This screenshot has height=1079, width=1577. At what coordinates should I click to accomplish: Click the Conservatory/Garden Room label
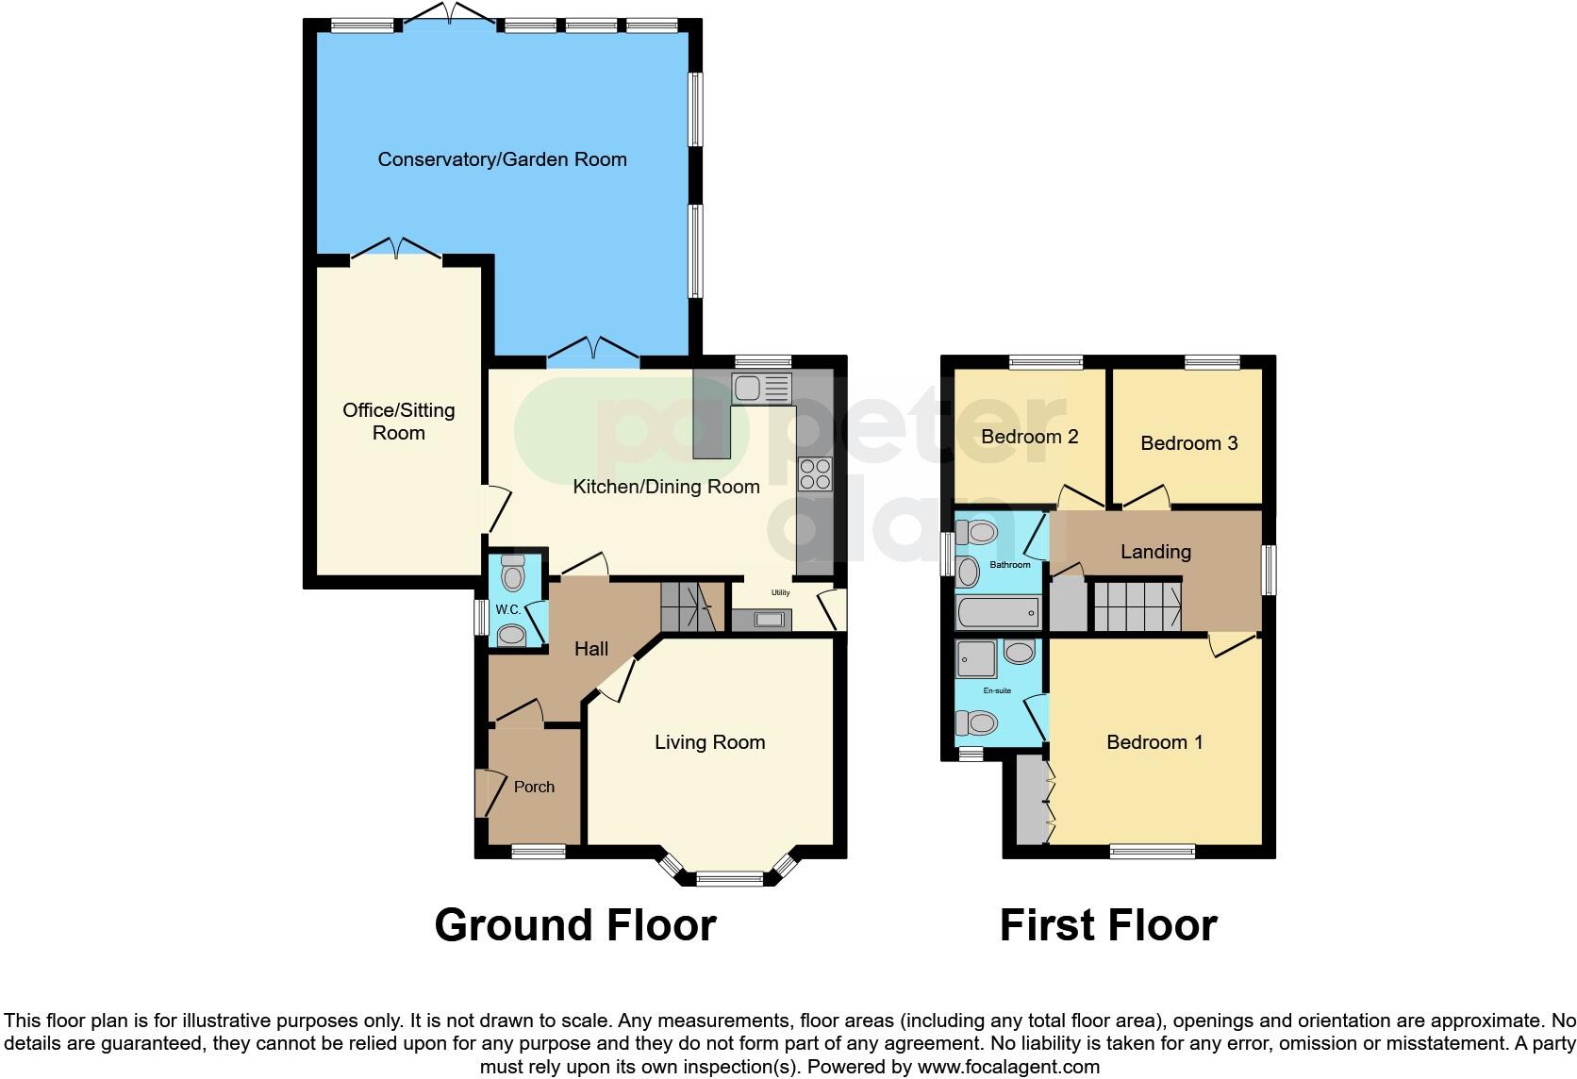coord(502,159)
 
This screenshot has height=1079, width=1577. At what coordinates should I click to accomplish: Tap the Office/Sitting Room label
coord(399,422)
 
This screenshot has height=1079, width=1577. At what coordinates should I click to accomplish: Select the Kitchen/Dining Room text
coord(666,487)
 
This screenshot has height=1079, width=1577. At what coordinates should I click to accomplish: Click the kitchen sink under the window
coord(762,388)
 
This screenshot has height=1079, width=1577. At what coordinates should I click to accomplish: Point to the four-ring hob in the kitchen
coord(815,473)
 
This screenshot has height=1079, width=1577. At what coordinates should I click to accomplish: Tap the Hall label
coord(591,649)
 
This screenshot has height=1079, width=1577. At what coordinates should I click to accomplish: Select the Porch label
coord(534,787)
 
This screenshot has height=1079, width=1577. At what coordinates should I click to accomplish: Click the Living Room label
coord(709,742)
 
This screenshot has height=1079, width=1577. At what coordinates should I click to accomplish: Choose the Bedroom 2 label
coord(1029,437)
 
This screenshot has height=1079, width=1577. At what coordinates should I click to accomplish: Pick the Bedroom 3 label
coord(1188,443)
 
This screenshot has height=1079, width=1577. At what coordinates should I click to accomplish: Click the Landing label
coord(1155,552)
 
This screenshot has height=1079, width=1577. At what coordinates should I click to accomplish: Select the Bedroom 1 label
coord(1154,742)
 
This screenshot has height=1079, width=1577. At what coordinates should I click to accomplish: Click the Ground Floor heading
coord(575,925)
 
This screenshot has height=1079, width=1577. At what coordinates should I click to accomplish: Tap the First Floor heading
coord(1108,925)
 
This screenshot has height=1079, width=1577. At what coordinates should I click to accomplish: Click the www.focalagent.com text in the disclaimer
coord(1008,1067)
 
